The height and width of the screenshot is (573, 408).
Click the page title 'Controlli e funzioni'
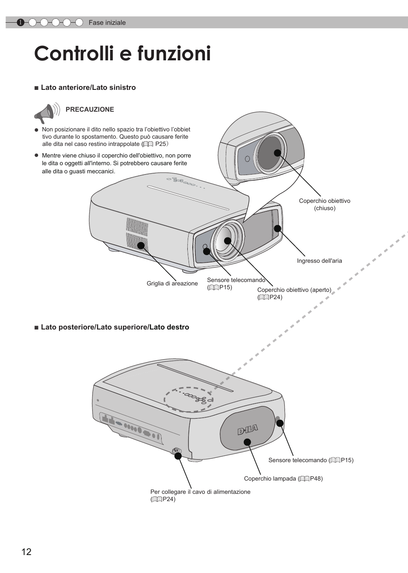click(x=122, y=54)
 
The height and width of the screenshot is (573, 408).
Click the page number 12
click(x=26, y=552)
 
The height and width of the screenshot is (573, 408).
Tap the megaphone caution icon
click(x=46, y=113)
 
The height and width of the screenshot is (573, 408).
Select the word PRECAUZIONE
click(x=90, y=110)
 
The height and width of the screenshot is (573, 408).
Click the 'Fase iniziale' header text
click(x=107, y=23)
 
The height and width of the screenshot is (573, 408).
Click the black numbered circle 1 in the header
click(x=20, y=23)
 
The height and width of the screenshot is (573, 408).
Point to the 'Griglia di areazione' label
click(x=172, y=284)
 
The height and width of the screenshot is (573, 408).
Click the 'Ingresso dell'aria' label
click(x=319, y=261)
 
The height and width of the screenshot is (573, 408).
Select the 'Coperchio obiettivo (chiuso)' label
click(x=324, y=205)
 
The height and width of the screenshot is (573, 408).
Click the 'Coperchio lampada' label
click(x=283, y=478)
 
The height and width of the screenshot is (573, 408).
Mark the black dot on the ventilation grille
click(x=140, y=245)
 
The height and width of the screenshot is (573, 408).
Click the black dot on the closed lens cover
click(x=278, y=153)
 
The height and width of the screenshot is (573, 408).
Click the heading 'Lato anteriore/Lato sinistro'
click(x=88, y=88)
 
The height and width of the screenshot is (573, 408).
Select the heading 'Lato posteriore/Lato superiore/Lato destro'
click(x=115, y=327)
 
